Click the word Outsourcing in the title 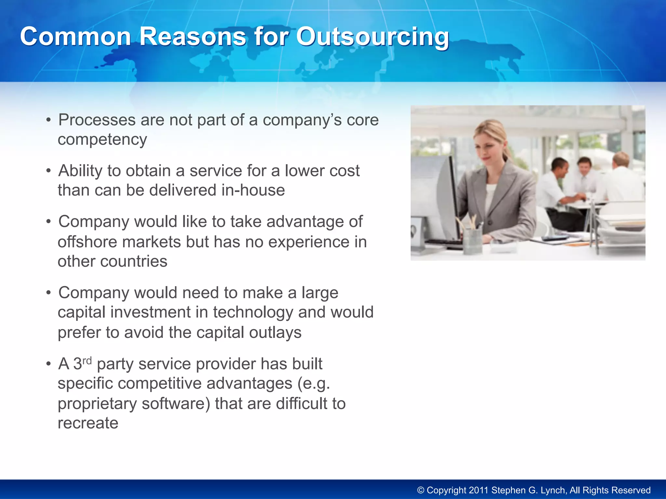pyautogui.click(x=373, y=37)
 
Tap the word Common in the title pyautogui.click(x=75, y=36)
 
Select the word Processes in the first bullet pyautogui.click(x=97, y=120)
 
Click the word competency pyautogui.click(x=102, y=140)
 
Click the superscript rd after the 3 pyautogui.click(x=87, y=361)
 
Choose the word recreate pyautogui.click(x=88, y=423)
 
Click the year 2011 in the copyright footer pyautogui.click(x=479, y=490)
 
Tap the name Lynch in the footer pyautogui.click(x=553, y=490)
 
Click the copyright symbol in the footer pyautogui.click(x=421, y=491)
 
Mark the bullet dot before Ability pyautogui.click(x=48, y=171)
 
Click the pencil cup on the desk pyautogui.click(x=472, y=241)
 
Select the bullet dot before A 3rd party pyautogui.click(x=48, y=364)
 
